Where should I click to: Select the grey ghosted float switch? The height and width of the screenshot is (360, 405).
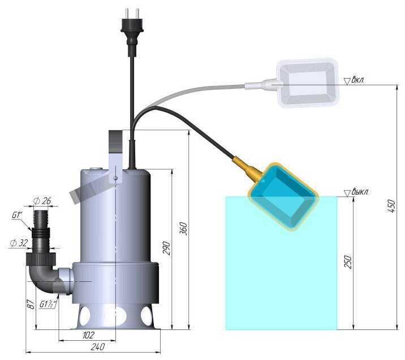click(309, 83)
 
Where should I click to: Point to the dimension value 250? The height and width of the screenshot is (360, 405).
click(348, 262)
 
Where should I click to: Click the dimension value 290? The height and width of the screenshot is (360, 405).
click(166, 247)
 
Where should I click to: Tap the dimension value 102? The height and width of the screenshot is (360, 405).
click(88, 335)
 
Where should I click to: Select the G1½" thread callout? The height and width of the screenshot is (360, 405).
click(49, 303)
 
